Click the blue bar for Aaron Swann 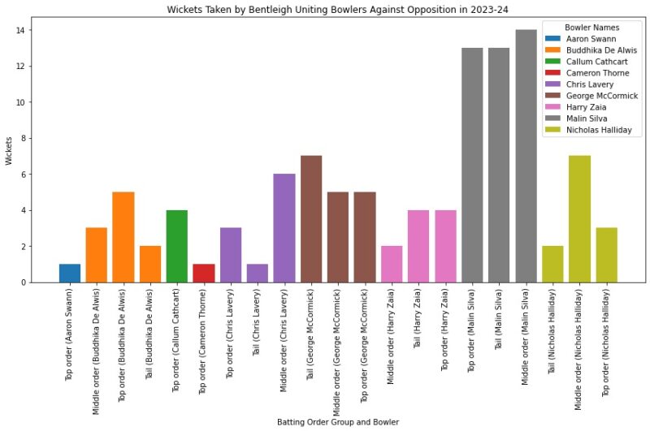[70, 274]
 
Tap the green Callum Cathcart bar [177, 246]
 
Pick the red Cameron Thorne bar [204, 274]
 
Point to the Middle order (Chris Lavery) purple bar [284, 228]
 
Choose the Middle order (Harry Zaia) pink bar [392, 264]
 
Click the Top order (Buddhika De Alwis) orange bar [123, 237]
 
